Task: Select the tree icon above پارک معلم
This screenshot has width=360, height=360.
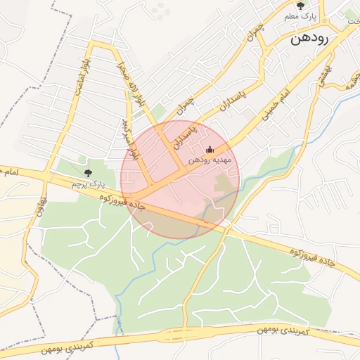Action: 302,6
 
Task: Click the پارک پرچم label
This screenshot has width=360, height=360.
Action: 88,184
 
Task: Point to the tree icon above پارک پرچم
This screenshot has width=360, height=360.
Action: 88,173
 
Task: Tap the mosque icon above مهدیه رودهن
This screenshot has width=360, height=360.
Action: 209,149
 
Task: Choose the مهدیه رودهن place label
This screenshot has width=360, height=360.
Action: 209,160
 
